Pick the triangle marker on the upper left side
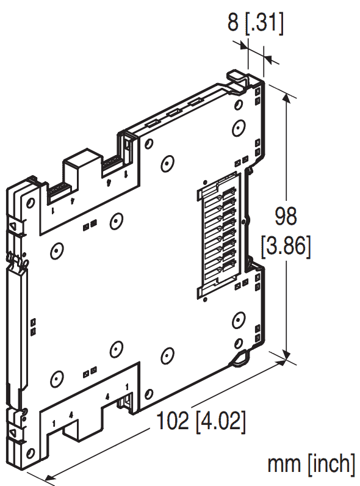point(13,227)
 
